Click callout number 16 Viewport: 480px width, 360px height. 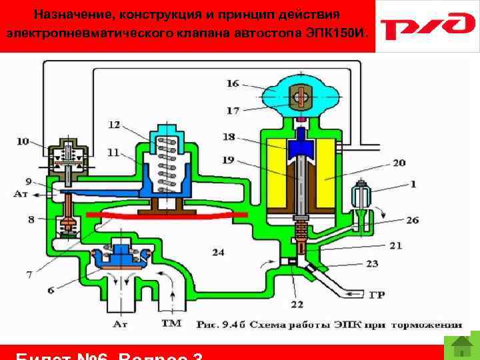(232, 83)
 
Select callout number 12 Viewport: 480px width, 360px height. (115, 125)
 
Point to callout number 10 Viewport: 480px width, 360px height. (23, 141)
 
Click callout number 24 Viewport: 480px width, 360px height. (218, 251)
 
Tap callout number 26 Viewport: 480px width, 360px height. (412, 221)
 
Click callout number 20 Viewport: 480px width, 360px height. (399, 162)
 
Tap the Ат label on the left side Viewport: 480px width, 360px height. (21, 195)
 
